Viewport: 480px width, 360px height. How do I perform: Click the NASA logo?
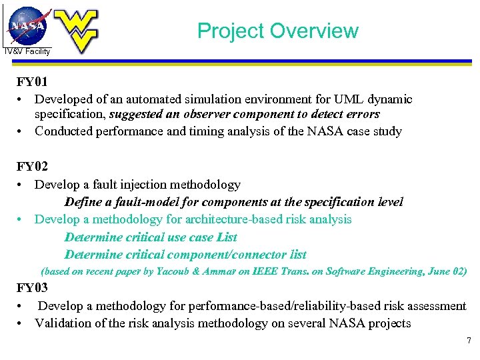[x=28, y=25]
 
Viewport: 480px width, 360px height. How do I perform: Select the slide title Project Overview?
[x=277, y=31]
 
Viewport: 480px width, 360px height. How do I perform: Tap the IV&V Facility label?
[x=27, y=51]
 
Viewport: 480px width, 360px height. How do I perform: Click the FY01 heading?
[x=32, y=83]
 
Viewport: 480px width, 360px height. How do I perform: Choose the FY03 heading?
[x=32, y=289]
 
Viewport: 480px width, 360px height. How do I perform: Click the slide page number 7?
[x=469, y=341]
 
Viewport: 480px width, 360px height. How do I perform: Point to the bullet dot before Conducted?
[x=22, y=131]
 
